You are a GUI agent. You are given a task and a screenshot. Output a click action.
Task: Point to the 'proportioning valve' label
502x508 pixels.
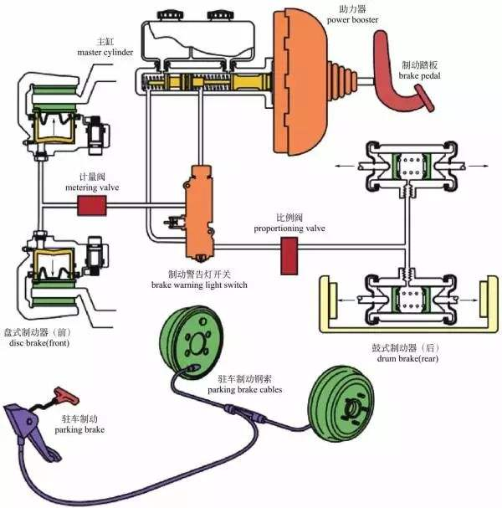290,228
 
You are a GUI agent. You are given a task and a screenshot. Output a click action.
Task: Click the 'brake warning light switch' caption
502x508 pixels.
199,285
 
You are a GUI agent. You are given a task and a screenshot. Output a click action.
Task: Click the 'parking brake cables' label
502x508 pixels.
245,389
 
